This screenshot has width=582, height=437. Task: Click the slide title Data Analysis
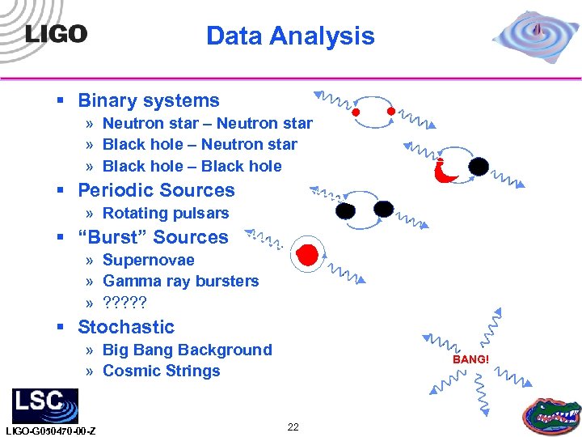(290, 36)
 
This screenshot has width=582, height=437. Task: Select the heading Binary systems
(148, 101)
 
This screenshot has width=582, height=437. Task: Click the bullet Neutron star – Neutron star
(207, 124)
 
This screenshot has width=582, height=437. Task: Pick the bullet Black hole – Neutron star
(200, 145)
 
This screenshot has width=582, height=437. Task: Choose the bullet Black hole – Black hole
(192, 167)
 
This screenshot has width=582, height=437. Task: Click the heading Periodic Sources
(156, 191)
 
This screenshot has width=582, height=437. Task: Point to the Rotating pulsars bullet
(166, 214)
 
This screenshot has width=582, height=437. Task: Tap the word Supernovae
(149, 261)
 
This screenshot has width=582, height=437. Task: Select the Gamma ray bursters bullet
(180, 282)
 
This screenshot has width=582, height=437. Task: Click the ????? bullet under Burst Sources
(125, 303)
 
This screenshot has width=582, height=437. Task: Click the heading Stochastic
(126, 327)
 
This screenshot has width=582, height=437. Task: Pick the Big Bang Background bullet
(187, 350)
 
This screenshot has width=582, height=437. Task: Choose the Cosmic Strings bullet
(161, 371)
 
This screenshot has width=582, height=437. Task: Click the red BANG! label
(470, 359)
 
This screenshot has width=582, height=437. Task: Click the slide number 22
(293, 426)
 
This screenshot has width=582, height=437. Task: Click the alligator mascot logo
(552, 414)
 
